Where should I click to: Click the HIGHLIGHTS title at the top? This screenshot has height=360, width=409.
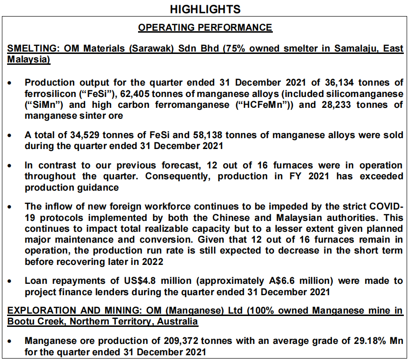[x=205, y=9]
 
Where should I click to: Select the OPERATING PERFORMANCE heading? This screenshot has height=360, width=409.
[x=205, y=27]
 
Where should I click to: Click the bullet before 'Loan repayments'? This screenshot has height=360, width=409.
[x=10, y=281]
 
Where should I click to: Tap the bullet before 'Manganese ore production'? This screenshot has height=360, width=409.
[x=10, y=341]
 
